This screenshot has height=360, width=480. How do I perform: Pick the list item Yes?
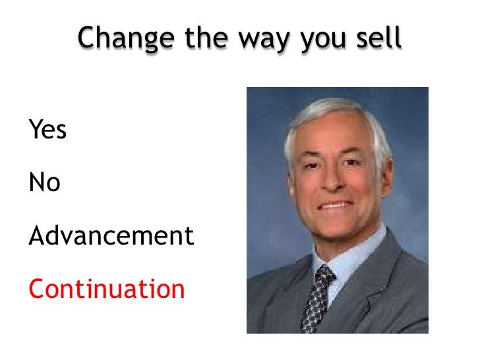coord(47,130)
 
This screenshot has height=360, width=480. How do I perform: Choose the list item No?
coord(44,183)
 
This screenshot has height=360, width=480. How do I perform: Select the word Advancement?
coord(111,235)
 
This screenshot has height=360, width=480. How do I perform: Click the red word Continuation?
coord(107,289)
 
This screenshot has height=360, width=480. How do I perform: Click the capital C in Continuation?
coord(36,289)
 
